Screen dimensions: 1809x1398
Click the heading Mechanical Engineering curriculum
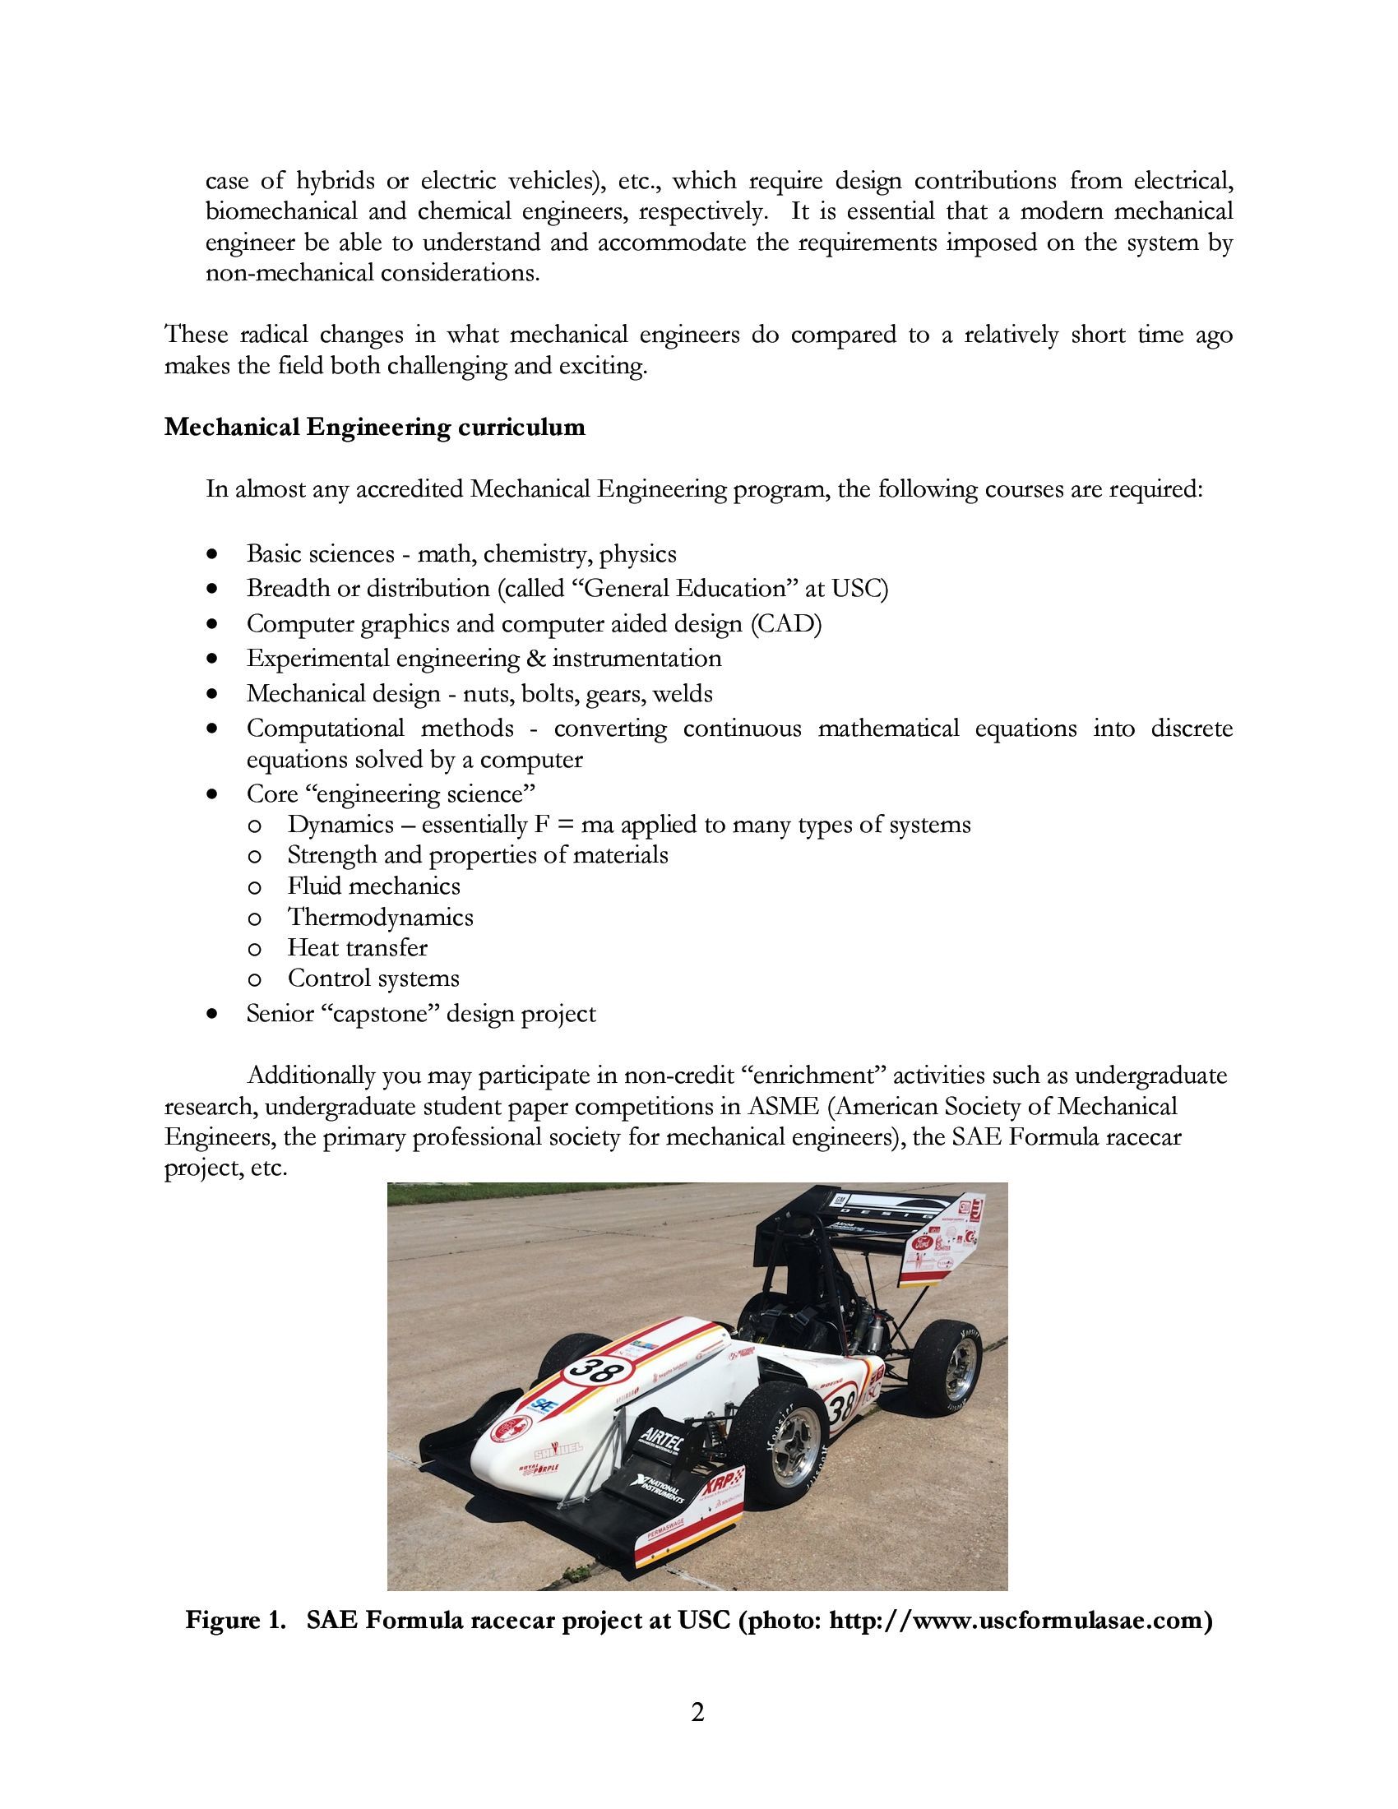pos(374,428)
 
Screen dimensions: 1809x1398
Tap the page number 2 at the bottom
pos(697,1711)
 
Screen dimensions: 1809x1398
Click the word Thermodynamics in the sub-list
pos(380,917)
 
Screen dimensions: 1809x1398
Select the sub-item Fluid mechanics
pos(373,886)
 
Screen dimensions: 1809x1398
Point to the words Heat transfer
pos(357,947)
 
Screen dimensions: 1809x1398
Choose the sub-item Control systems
pos(373,979)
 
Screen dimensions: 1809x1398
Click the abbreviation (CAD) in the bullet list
pos(786,624)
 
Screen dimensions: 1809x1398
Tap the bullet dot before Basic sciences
pos(215,554)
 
